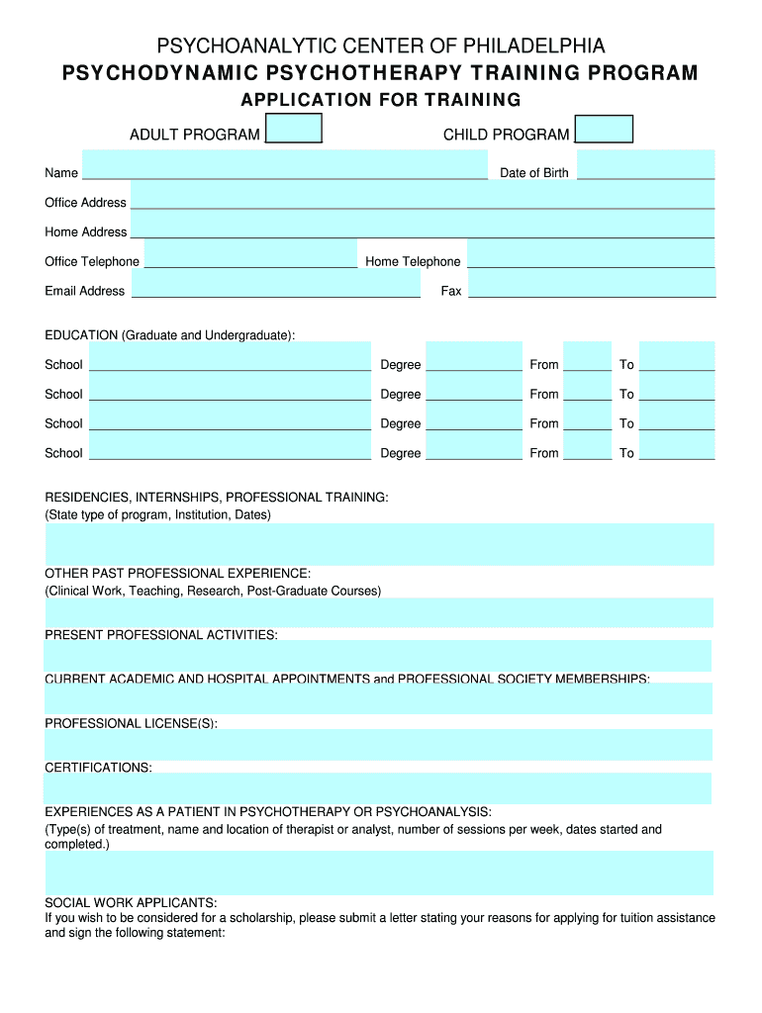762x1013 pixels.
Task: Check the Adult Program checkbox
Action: [x=294, y=129]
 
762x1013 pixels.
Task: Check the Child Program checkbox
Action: [x=604, y=130]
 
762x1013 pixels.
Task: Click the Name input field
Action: [x=285, y=164]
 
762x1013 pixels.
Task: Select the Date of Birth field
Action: [x=645, y=164]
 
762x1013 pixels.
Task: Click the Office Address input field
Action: [x=422, y=195]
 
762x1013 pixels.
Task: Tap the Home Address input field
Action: [x=422, y=225]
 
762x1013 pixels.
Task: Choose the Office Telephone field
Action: [x=250, y=254]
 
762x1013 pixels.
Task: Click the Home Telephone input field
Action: [x=591, y=254]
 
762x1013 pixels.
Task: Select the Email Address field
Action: [x=276, y=284]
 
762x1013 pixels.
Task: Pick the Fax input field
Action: [x=592, y=284]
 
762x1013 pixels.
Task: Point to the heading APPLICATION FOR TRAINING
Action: [x=381, y=100]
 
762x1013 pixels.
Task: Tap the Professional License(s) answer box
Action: [x=378, y=745]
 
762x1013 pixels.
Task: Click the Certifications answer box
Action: [x=378, y=788]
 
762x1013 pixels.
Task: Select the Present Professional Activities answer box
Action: [x=378, y=656]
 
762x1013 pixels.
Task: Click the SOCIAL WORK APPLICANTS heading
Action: [x=131, y=903]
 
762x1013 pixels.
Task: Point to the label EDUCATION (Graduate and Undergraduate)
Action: [x=169, y=335]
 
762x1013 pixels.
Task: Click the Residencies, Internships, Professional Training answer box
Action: [x=379, y=544]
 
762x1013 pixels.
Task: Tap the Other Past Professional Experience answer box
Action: [x=379, y=612]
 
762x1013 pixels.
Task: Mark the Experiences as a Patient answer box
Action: [x=379, y=873]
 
